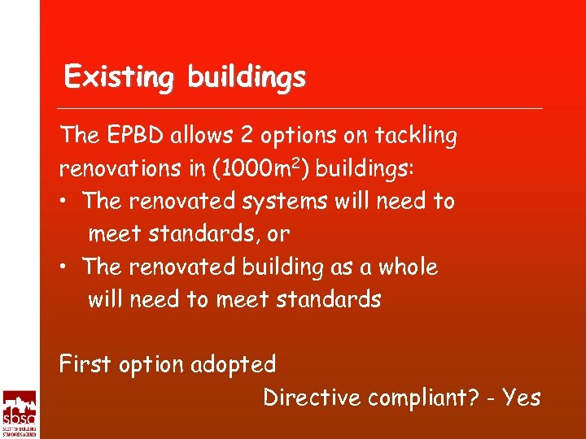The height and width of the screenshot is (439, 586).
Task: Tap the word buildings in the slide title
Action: pyautogui.click(x=247, y=77)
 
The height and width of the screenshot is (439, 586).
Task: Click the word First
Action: pyautogui.click(x=85, y=364)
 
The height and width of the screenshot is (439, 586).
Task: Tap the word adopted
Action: pyautogui.click(x=234, y=364)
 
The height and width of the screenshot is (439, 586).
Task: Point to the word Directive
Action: pyautogui.click(x=312, y=398)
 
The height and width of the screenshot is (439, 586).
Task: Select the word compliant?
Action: pyautogui.click(x=421, y=398)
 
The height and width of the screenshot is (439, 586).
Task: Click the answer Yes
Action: pyautogui.click(x=521, y=398)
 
